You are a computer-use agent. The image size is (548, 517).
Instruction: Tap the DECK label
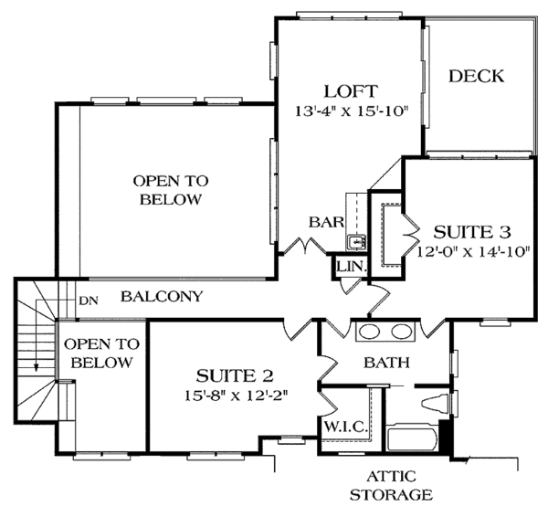pyautogui.click(x=476, y=77)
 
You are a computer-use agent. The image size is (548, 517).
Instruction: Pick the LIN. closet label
pyautogui.click(x=352, y=266)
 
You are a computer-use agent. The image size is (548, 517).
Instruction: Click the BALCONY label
pyautogui.click(x=161, y=297)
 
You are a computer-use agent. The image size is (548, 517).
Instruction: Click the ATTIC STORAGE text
pyautogui.click(x=401, y=485)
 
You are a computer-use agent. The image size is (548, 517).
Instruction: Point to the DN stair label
pyautogui.click(x=89, y=300)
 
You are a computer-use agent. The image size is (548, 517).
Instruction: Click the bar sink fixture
pyautogui.click(x=356, y=242)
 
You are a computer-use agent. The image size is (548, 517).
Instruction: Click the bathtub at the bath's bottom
pyautogui.click(x=414, y=438)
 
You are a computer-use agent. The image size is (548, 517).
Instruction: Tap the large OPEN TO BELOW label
pyautogui.click(x=166, y=190)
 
